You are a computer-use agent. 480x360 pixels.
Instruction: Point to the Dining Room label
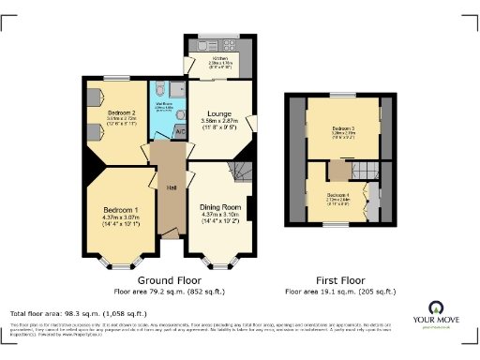[x=221, y=207]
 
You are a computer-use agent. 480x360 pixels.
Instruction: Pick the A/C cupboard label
[x=178, y=132]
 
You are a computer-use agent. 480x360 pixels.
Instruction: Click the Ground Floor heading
[x=169, y=280]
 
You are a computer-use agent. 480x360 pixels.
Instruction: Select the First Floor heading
[x=340, y=280]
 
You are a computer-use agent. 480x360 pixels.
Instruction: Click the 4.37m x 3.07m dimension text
[x=123, y=218]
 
